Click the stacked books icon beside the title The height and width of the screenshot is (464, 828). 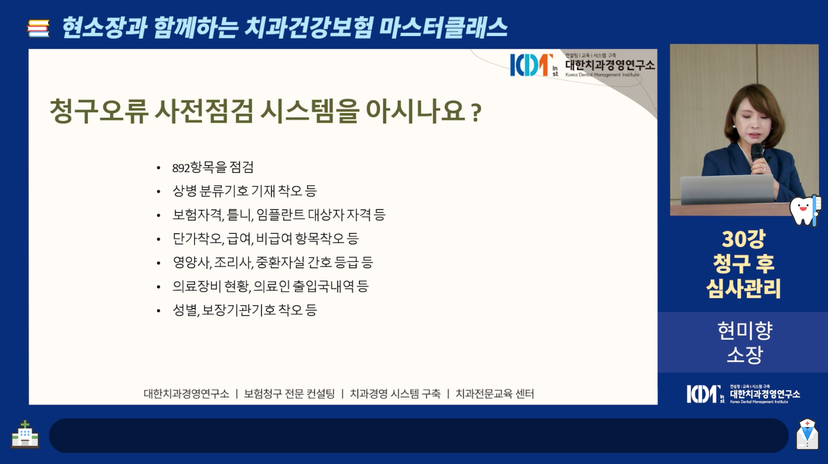pos(38,28)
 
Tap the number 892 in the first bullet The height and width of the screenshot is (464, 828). pos(181,168)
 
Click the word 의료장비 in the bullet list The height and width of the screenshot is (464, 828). pos(197,286)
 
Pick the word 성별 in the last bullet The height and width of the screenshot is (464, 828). pos(185,310)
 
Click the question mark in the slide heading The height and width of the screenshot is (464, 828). pos(477,112)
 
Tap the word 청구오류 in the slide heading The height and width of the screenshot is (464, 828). pos(99,111)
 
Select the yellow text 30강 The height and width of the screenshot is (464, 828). pos(743,239)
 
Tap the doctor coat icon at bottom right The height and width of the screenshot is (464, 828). pos(807,434)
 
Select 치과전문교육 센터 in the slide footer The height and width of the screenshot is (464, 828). pos(495,394)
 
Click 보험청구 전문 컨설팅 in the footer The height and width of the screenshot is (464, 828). pos(289,394)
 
